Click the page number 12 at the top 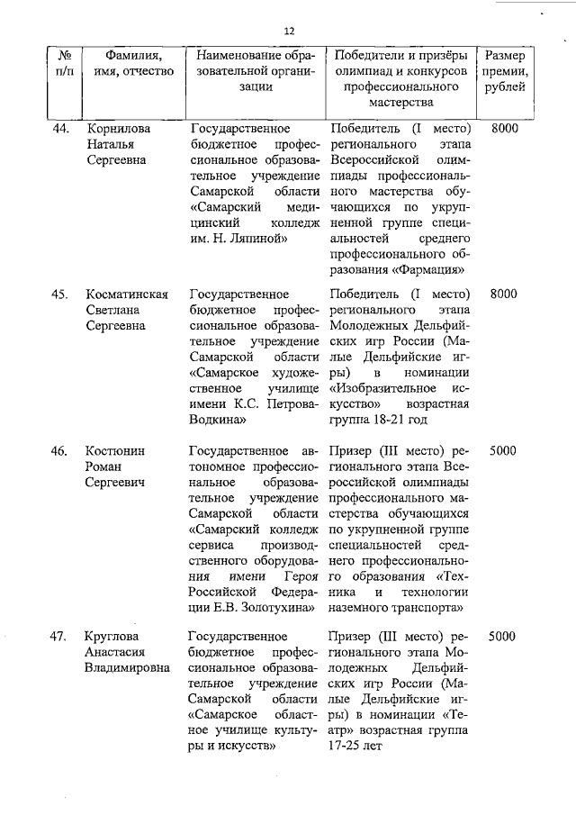point(289,31)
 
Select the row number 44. point(60,129)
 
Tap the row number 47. point(59,637)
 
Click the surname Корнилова point(118,129)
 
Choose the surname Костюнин point(114,449)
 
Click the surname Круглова point(112,637)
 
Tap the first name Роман point(103,466)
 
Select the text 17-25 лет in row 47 point(361,747)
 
